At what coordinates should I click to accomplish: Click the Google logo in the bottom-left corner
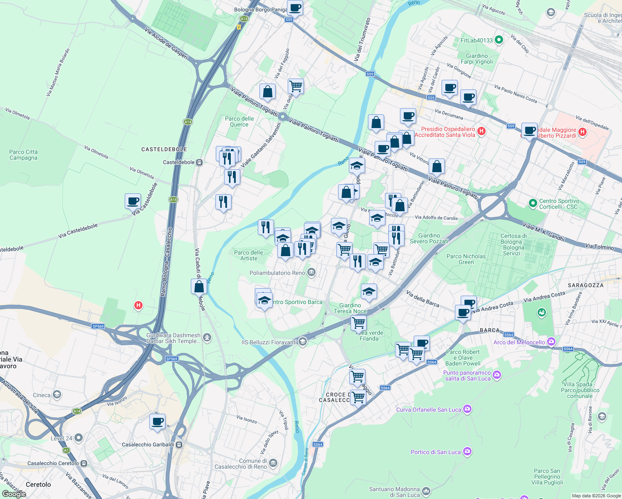pos(14,494)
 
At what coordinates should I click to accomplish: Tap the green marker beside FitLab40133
pos(499,40)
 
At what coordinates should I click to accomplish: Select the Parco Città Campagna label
pos(24,155)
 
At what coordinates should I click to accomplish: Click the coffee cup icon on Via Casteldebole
pos(133,201)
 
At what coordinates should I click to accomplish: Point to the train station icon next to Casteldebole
pos(200,162)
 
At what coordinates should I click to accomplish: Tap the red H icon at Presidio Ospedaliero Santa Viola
pos(481,131)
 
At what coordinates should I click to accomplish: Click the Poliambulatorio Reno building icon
pos(311,273)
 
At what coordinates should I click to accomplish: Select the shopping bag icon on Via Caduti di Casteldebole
pos(199,287)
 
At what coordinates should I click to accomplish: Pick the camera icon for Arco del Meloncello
pos(551,342)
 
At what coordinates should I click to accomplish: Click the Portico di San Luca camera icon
pos(467,452)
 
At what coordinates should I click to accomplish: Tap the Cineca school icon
pos(57,395)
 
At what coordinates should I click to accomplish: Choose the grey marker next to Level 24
pos(79,438)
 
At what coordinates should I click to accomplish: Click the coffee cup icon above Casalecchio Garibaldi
pos(158,422)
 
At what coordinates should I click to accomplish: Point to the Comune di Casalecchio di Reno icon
pos(273,463)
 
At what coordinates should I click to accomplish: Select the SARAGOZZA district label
pos(585,285)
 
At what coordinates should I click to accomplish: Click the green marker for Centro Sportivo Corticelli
pos(533,203)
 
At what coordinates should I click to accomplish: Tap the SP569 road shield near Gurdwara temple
pos(172,358)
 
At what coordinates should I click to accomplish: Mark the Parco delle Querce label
pos(239,121)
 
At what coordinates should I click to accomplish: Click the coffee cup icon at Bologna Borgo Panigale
pos(295,7)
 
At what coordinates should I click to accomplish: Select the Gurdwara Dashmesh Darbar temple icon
pos(207,337)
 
